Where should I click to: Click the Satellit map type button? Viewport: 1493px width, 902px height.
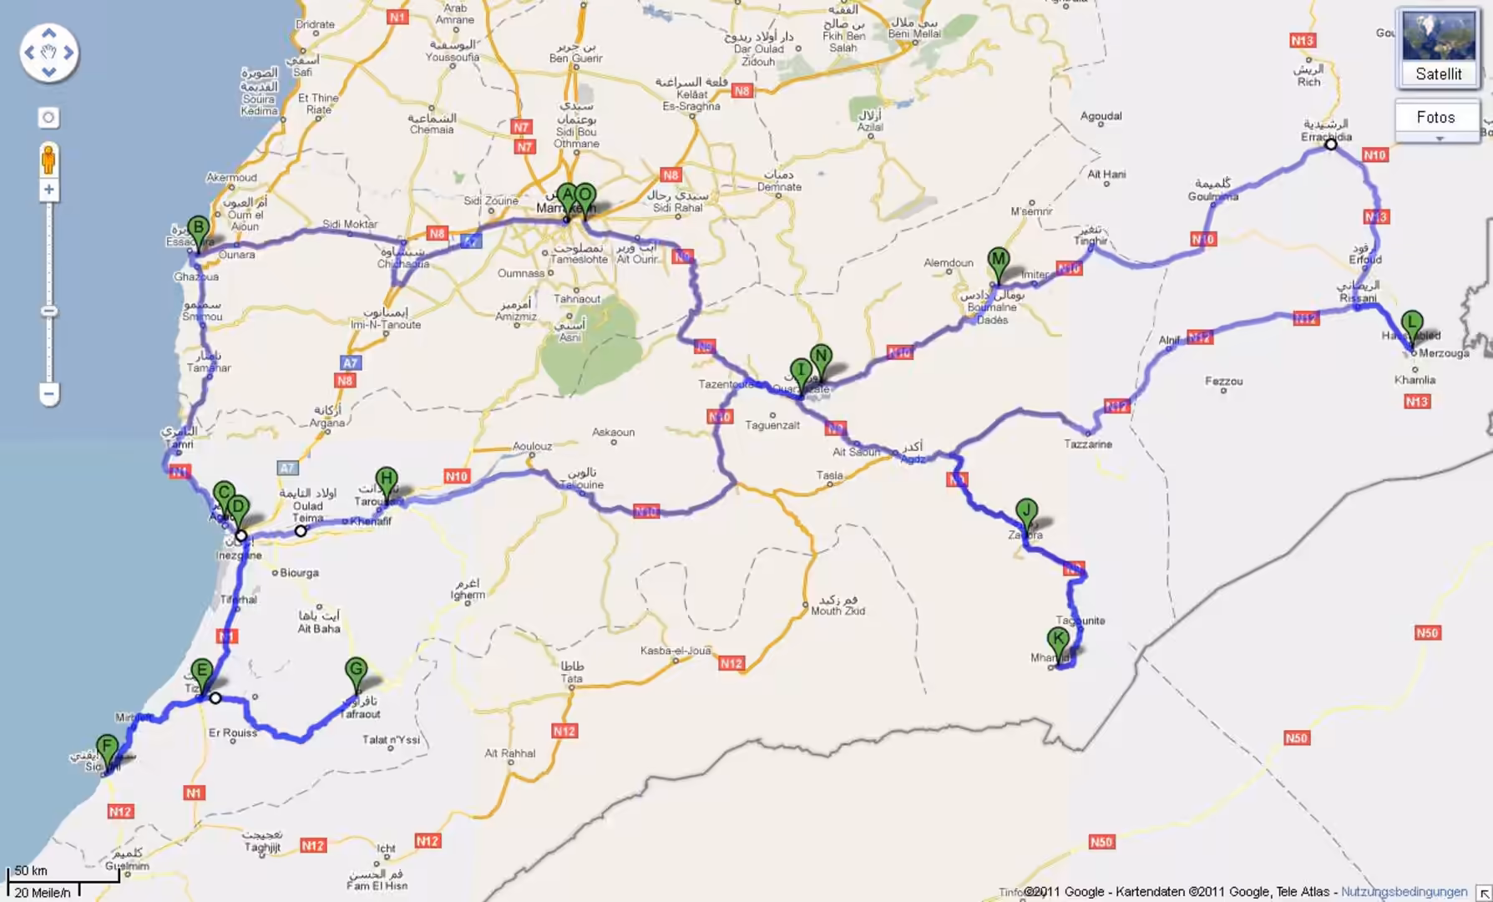[x=1438, y=48]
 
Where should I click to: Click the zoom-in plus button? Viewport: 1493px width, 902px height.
[x=48, y=190]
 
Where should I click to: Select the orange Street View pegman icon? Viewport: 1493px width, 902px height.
[x=48, y=159]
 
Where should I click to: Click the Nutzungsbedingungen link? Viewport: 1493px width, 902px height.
[x=1404, y=892]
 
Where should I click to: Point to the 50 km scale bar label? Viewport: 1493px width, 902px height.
[x=32, y=870]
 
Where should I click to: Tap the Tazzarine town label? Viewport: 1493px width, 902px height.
[x=1087, y=444]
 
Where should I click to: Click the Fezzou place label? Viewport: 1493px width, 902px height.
[x=1223, y=382]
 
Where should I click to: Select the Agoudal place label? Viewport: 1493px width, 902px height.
[x=1101, y=116]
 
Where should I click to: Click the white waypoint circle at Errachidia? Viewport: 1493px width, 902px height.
[x=1331, y=144]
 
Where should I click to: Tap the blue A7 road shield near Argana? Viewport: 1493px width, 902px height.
[x=351, y=363]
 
